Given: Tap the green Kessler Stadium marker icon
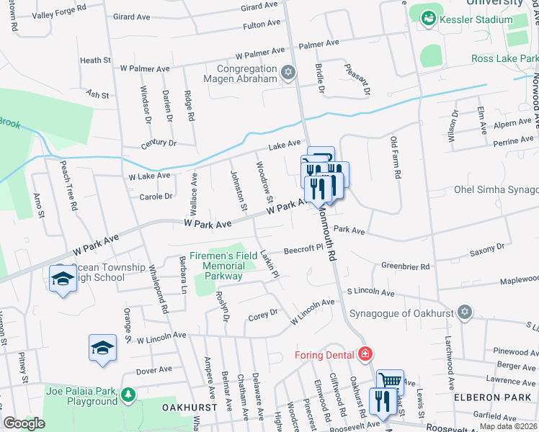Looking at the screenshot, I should tap(429, 17).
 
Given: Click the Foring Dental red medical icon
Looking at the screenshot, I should tap(365, 354).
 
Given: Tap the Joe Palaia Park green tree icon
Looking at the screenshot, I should tap(128, 394).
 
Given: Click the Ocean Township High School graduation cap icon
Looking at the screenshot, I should tap(63, 279).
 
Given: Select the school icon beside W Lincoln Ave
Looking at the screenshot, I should tap(102, 348).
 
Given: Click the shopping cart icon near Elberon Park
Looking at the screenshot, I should tap(391, 382).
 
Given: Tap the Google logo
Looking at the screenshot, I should tap(24, 423).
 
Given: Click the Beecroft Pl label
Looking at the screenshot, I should tap(302, 249).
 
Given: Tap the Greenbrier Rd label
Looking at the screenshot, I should tap(406, 266).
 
